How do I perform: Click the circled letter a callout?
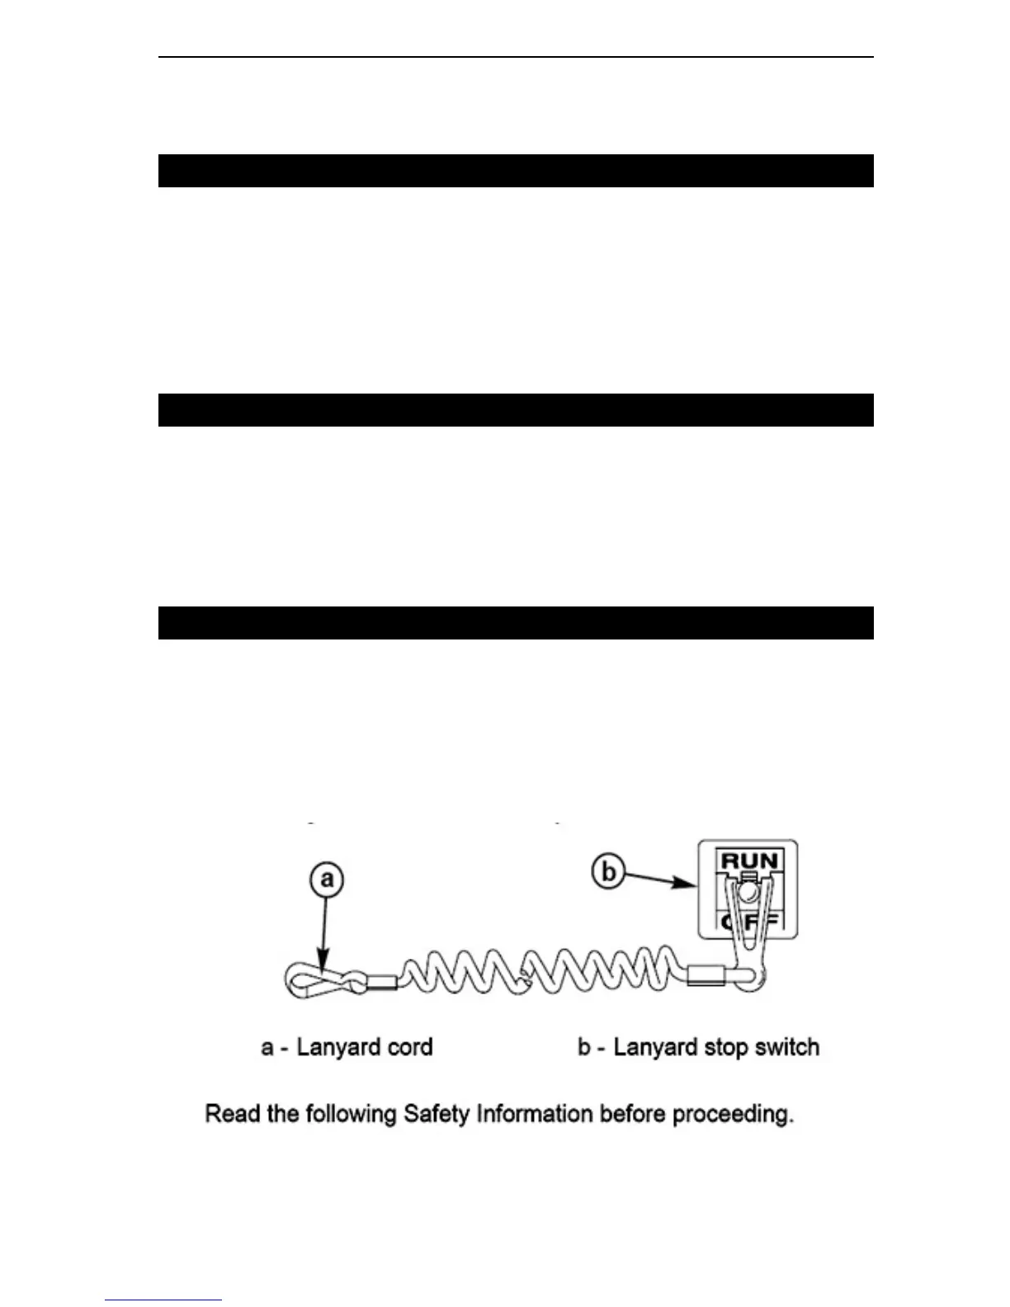328,880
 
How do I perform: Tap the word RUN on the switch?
748,861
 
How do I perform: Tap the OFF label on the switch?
749,922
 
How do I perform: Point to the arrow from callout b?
660,880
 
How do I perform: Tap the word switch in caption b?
784,1048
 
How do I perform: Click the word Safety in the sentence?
437,1115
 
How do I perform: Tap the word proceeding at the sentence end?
733,1116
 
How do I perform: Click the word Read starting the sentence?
230,1115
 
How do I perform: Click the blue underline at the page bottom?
163,1300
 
